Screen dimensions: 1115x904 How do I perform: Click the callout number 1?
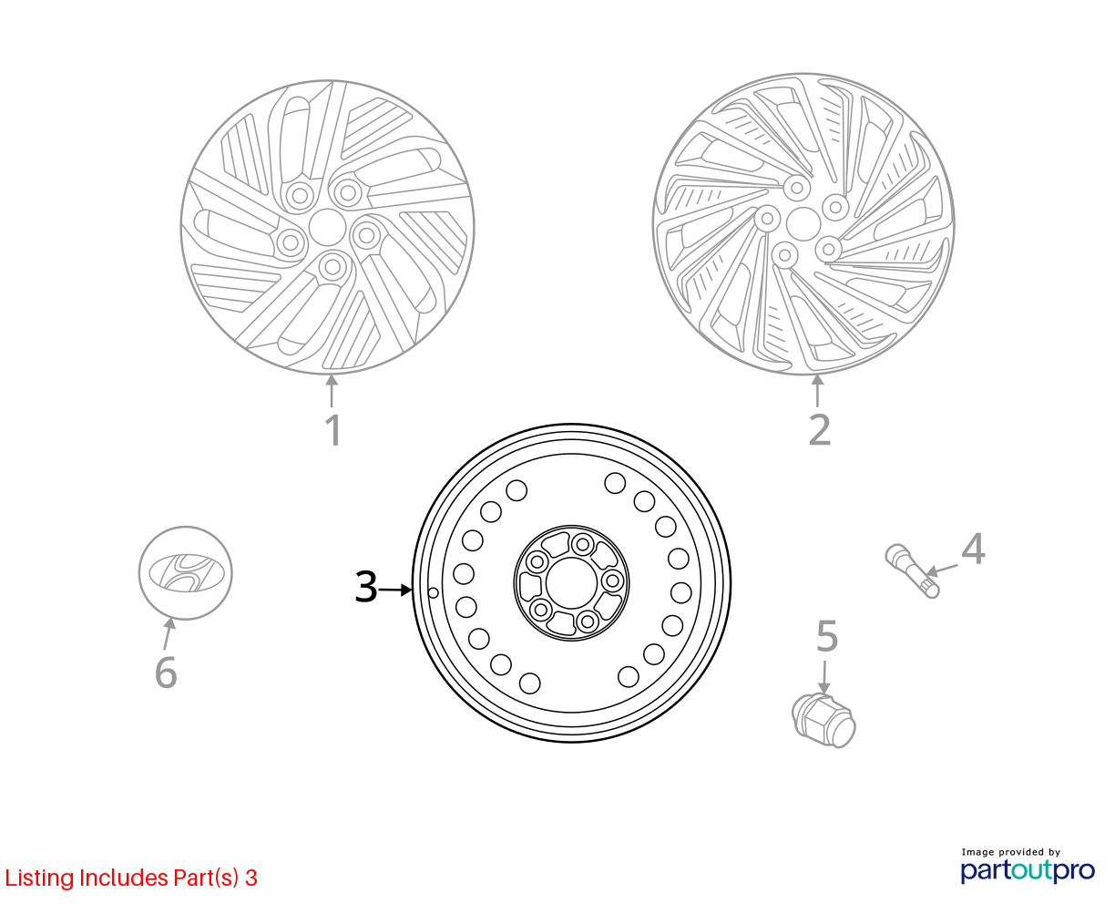(333, 430)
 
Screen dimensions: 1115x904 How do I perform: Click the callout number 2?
(819, 430)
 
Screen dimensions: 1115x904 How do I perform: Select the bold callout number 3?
(365, 587)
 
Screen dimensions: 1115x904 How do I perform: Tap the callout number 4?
(973, 549)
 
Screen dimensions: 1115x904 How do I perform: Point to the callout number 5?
(827, 636)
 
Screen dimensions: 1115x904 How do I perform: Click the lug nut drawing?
(823, 720)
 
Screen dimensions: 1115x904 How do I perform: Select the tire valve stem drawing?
(912, 570)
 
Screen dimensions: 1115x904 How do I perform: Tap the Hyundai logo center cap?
(185, 573)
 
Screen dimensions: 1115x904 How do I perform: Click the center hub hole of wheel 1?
(327, 227)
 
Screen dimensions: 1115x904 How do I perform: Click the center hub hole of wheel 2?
(803, 223)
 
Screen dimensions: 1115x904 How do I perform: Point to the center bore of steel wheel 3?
(571, 583)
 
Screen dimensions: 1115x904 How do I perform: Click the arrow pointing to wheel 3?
(395, 590)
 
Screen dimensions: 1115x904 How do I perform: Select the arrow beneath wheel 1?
(332, 391)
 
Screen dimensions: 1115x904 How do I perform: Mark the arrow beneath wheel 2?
(817, 390)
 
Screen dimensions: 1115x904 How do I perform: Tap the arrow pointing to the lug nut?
(823, 677)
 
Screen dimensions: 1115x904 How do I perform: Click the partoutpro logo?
(1028, 871)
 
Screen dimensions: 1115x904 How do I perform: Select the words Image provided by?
(1011, 852)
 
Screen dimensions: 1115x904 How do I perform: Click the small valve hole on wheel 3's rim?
(433, 592)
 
